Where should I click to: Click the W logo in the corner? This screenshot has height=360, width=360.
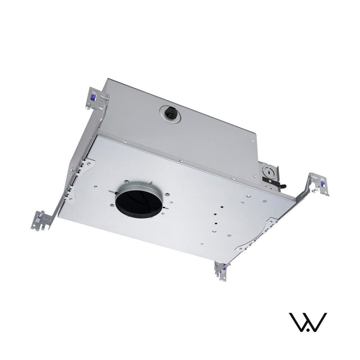[x=308, y=322]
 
